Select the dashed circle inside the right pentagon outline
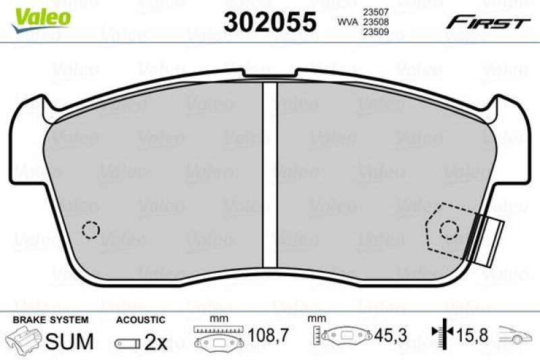(449, 230)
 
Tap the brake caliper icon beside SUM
(25, 340)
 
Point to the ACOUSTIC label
(140, 319)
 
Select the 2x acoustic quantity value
(156, 342)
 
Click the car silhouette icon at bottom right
(517, 334)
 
